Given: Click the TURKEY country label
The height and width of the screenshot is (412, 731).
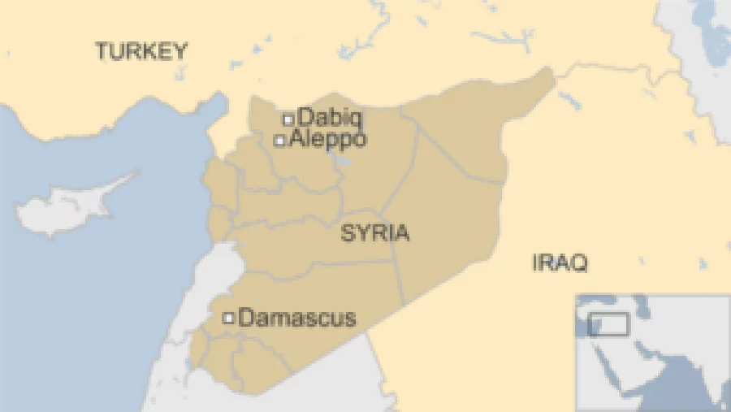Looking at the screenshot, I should point(141,51).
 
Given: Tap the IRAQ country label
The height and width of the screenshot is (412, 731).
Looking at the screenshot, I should point(560,262).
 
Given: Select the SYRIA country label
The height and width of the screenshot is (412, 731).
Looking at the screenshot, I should point(374,234).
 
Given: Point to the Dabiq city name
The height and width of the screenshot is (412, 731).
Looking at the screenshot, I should point(331,117).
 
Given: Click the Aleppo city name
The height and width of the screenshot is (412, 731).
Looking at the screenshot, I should point(327,139).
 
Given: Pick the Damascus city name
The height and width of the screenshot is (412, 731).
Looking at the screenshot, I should point(297,318).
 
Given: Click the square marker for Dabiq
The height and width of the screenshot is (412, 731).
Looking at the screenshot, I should point(288,119).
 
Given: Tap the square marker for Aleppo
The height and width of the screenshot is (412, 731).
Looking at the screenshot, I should point(279,141).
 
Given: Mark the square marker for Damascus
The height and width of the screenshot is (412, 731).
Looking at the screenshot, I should point(229,318).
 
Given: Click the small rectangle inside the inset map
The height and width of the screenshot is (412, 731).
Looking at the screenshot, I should point(608,323).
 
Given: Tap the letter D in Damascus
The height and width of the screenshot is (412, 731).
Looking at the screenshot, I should point(246,318).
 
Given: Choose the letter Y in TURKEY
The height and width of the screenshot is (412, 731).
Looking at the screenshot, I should point(180,51).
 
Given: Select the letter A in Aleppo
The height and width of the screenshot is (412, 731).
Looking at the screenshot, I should point(296,139).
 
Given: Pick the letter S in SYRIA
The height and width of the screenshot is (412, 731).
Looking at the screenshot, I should point(348,234).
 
